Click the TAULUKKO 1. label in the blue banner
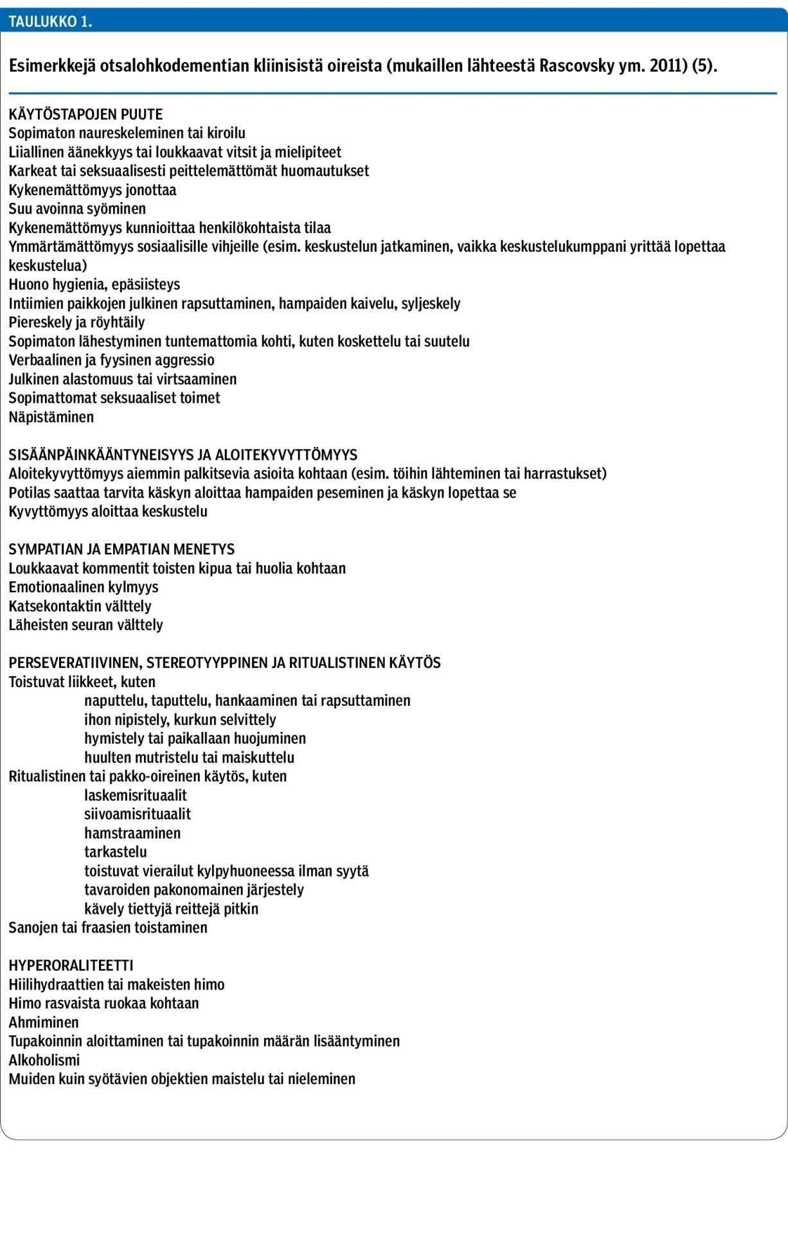tap(50, 22)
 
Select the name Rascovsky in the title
tap(577, 66)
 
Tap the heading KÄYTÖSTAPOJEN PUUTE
tap(85, 115)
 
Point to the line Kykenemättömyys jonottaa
tap(92, 190)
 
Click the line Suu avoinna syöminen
tap(77, 209)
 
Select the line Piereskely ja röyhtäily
tap(76, 322)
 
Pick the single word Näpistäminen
tap(51, 417)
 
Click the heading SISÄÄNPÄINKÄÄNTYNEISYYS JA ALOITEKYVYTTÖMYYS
tap(183, 455)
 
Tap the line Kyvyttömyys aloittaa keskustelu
tap(108, 512)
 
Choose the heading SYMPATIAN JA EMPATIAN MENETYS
tap(121, 550)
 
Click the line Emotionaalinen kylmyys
tap(84, 588)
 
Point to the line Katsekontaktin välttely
tap(80, 606)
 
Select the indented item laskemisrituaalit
tap(136, 796)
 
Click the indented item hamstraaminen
tap(132, 834)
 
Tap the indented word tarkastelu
tap(116, 852)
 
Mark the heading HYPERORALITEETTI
tap(71, 966)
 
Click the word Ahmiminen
tap(44, 1022)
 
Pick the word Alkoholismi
tap(44, 1060)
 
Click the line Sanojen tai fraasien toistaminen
tap(108, 928)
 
